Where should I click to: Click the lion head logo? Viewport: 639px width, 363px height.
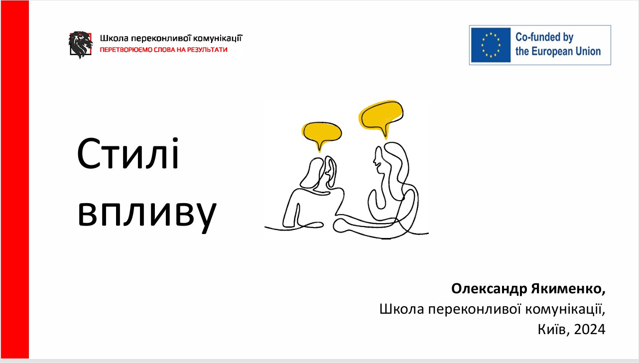pyautogui.click(x=81, y=45)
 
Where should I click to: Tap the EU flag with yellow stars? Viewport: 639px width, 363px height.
pyautogui.click(x=491, y=45)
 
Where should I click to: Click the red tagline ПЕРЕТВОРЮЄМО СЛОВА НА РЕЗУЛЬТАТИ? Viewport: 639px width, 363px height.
pyautogui.click(x=163, y=50)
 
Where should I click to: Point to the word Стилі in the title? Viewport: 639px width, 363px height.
pyautogui.click(x=128, y=153)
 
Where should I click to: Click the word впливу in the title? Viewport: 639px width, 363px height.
pyautogui.click(x=147, y=212)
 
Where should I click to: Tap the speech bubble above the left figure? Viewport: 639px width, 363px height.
pyautogui.click(x=322, y=131)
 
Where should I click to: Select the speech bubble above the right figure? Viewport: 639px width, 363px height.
pyautogui.click(x=382, y=114)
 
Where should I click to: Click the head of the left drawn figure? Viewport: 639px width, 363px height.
pyautogui.click(x=319, y=172)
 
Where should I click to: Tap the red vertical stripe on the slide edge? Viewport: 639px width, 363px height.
pyautogui.click(x=14, y=179)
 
